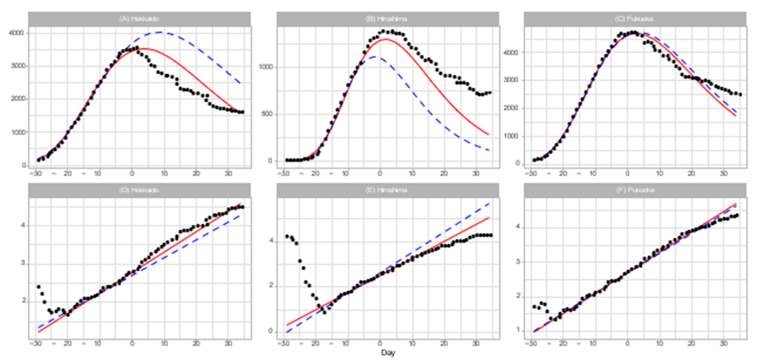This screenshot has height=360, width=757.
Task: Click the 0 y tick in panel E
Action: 270,331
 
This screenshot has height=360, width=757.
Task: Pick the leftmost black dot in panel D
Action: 38,287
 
